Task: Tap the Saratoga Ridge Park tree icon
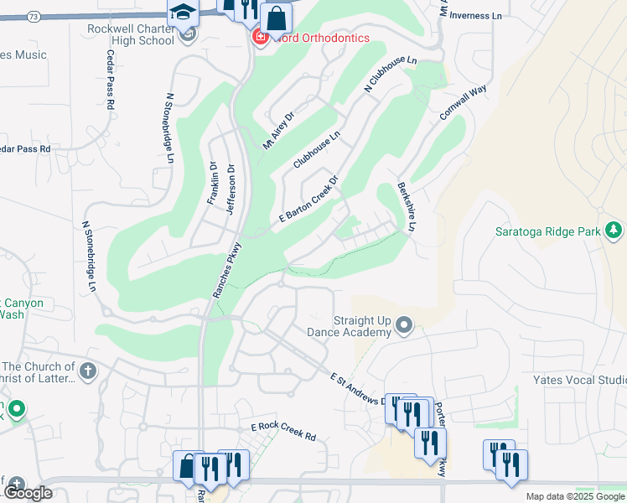coord(614,229)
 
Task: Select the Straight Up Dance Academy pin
coord(405,324)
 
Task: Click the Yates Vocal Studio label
coord(579,380)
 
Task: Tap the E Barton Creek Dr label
coord(308,200)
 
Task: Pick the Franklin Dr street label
coord(212,184)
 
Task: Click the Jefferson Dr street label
coord(231,184)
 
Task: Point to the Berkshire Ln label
coord(407,207)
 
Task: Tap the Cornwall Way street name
coord(464,102)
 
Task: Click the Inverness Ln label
coord(475,15)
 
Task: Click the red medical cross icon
coord(260,39)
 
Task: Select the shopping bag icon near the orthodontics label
coord(275,18)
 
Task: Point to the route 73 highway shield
coord(34,16)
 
